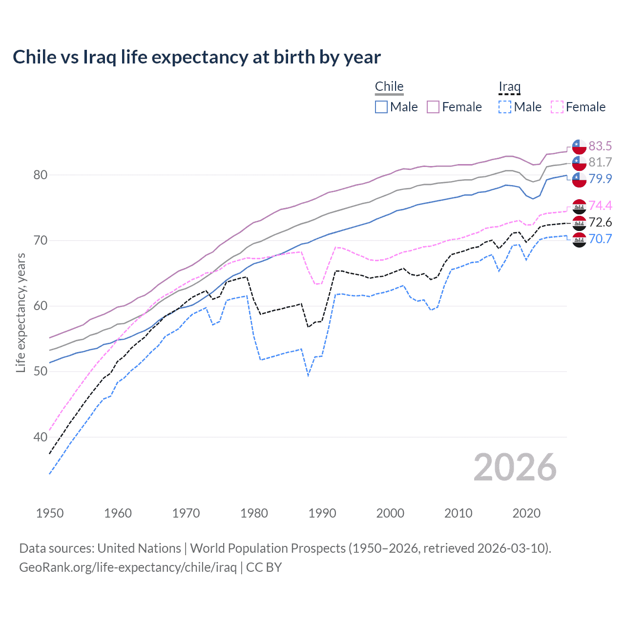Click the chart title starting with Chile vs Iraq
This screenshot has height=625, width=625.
pyautogui.click(x=196, y=57)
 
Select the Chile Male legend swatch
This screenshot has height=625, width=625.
pyautogui.click(x=381, y=107)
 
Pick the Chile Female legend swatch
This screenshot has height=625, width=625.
pyautogui.click(x=433, y=107)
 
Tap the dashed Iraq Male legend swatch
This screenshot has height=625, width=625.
pyautogui.click(x=505, y=107)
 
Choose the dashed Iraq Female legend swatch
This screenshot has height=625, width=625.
pyautogui.click(x=557, y=107)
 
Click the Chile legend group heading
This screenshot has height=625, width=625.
pyautogui.click(x=389, y=86)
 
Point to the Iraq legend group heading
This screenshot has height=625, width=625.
pyautogui.click(x=509, y=86)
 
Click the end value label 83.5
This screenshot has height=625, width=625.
pyautogui.click(x=600, y=146)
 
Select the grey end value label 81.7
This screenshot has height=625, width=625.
pyautogui.click(x=600, y=162)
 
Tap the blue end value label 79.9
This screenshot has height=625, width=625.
pyautogui.click(x=600, y=179)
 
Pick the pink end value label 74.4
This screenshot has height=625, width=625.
pyautogui.click(x=600, y=206)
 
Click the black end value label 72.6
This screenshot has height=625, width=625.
pyautogui.click(x=600, y=222)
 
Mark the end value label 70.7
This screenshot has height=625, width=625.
pyautogui.click(x=600, y=239)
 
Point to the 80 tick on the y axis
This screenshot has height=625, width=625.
pyautogui.click(x=40, y=175)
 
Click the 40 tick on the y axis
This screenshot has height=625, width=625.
pyautogui.click(x=40, y=437)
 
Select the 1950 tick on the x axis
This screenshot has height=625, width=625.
pyautogui.click(x=50, y=513)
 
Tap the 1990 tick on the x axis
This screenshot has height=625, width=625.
pyautogui.click(x=322, y=513)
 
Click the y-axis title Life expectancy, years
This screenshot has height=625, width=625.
pyautogui.click(x=21, y=312)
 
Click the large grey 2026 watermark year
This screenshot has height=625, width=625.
pyautogui.click(x=515, y=467)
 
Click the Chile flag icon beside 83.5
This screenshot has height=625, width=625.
pyautogui.click(x=579, y=146)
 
